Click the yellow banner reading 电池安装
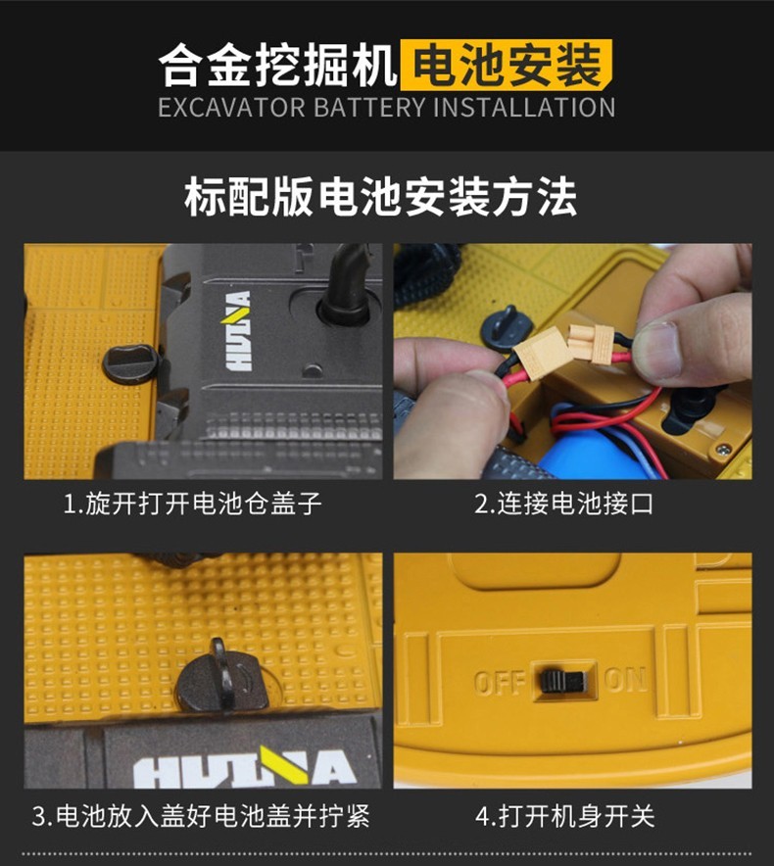pyautogui.click(x=507, y=66)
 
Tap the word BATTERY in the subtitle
pyautogui.click(x=369, y=107)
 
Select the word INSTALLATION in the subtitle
pyautogui.click(x=524, y=107)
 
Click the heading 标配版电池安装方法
pyautogui.click(x=381, y=197)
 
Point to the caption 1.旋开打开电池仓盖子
pyautogui.click(x=193, y=504)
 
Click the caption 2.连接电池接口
pyautogui.click(x=564, y=504)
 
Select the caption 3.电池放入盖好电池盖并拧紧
pyautogui.click(x=201, y=816)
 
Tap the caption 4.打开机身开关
pyautogui.click(x=565, y=816)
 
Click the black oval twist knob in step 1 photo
pyautogui.click(x=131, y=363)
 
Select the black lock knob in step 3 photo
pyautogui.click(x=222, y=678)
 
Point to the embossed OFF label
pyautogui.click(x=500, y=683)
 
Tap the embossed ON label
pyautogui.click(x=625, y=680)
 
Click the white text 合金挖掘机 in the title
pyautogui.click(x=278, y=66)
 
